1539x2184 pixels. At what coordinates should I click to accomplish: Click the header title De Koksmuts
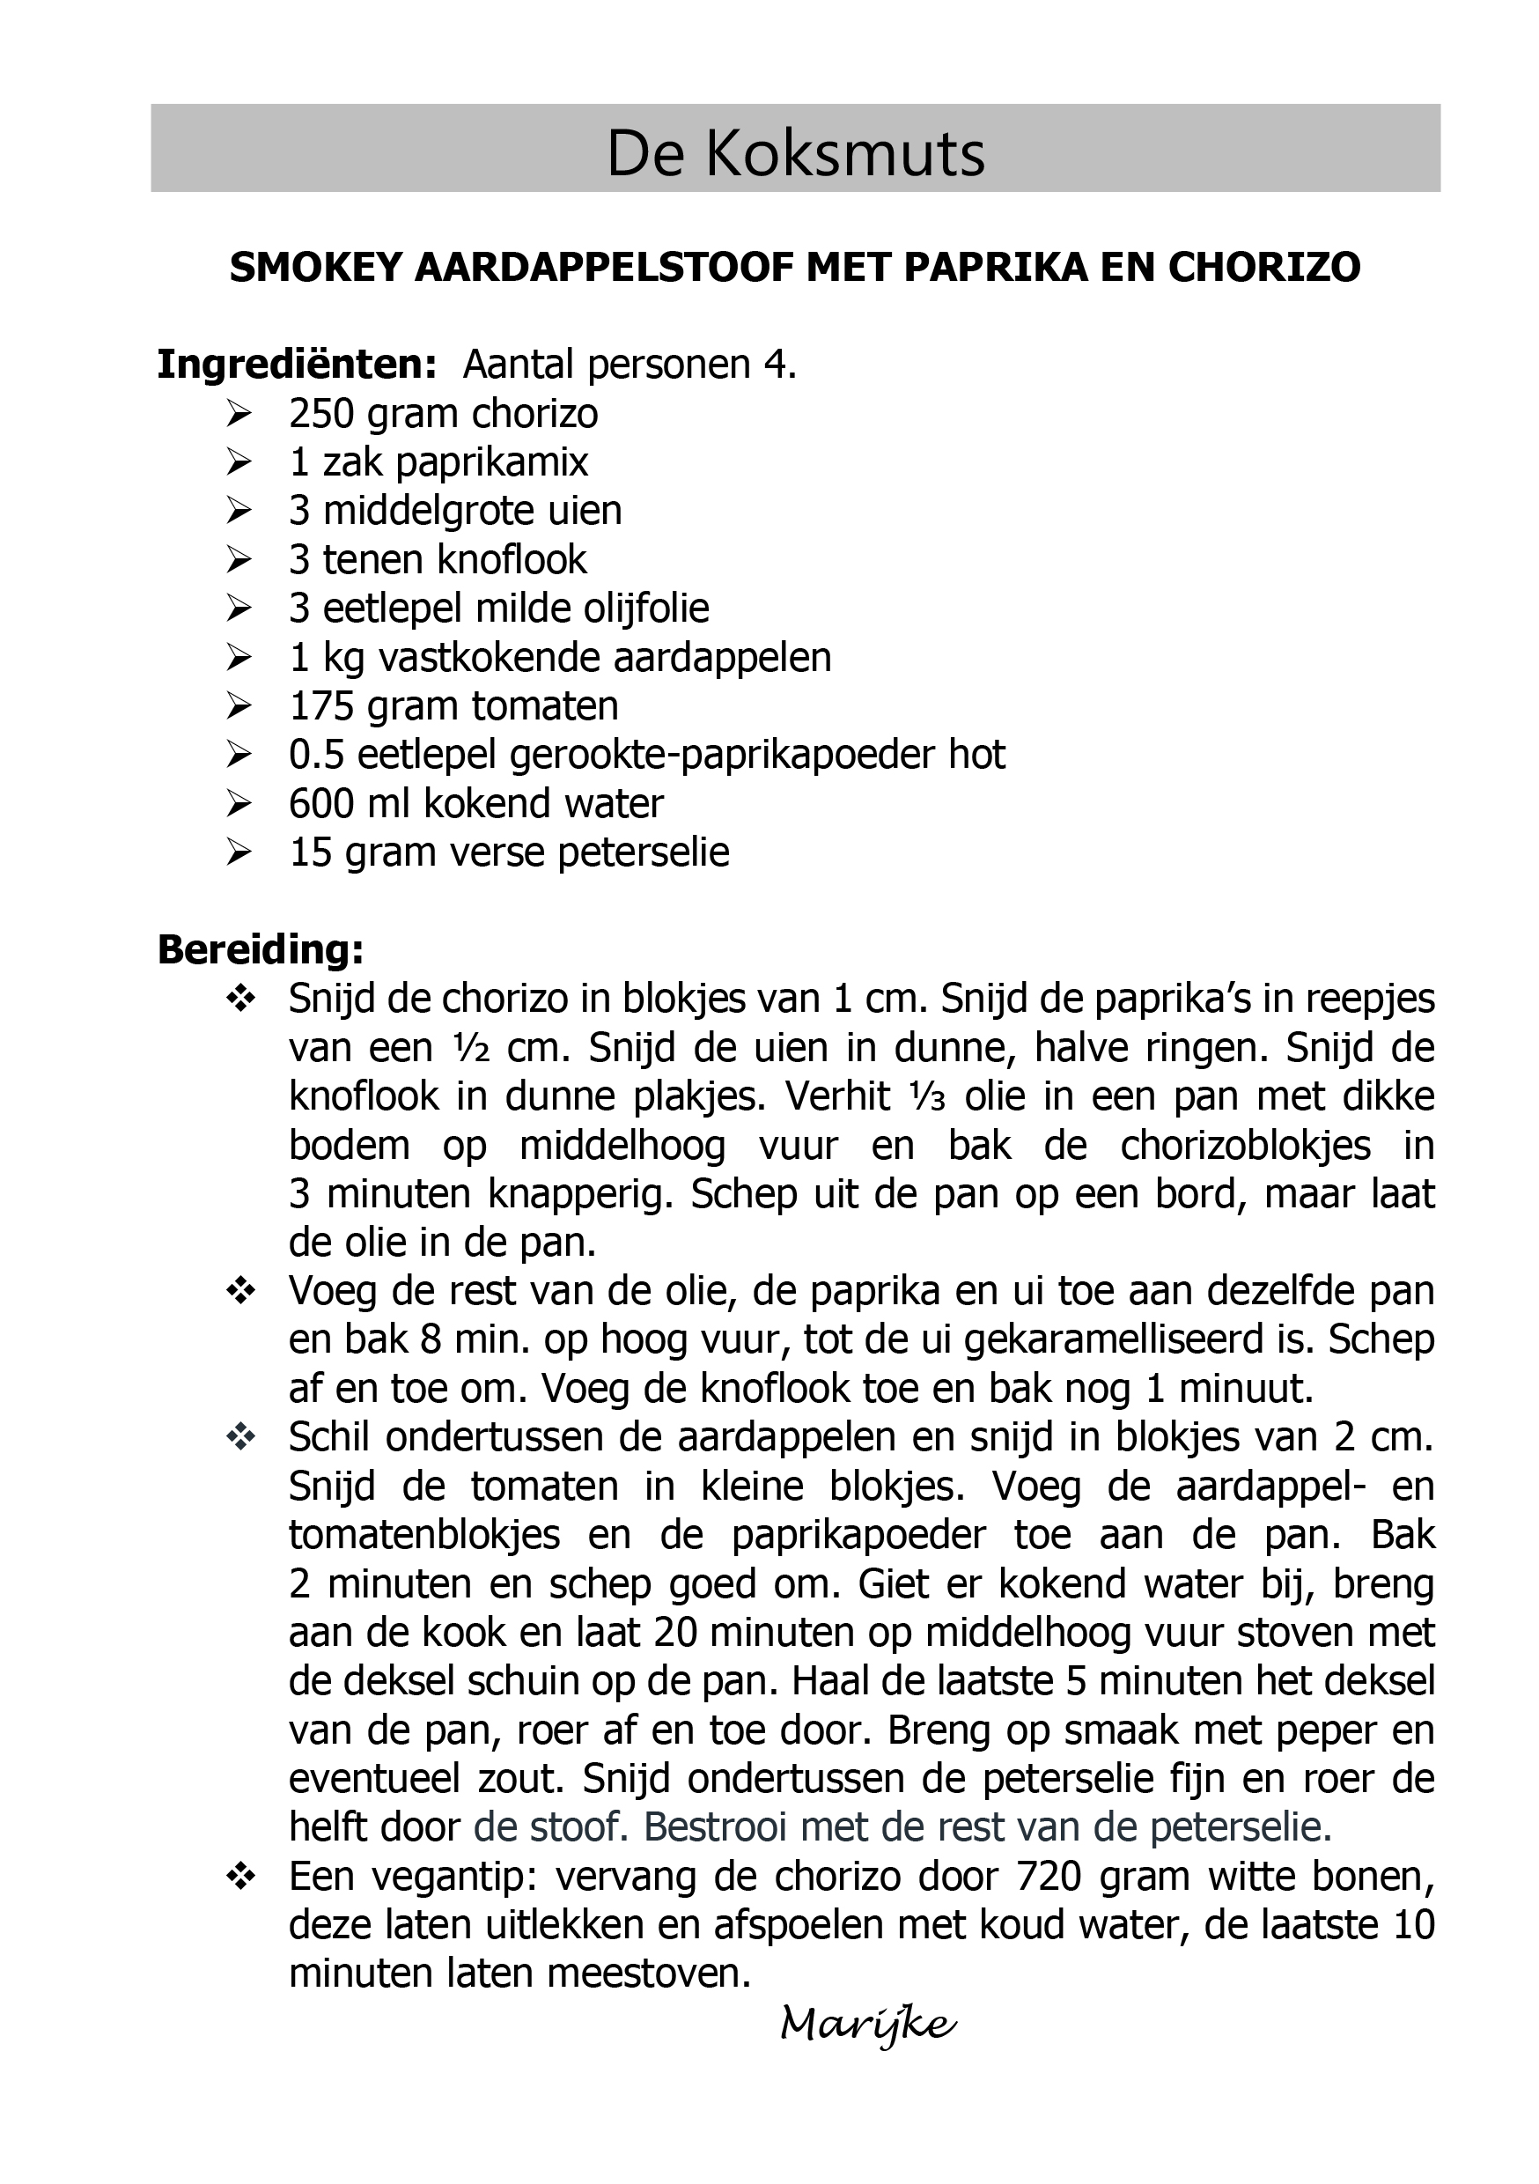[x=795, y=154]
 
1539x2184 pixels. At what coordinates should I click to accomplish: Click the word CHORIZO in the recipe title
[x=1264, y=269]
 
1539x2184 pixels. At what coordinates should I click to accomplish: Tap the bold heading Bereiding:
[x=261, y=949]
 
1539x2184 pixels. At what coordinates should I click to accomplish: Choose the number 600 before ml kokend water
[x=321, y=804]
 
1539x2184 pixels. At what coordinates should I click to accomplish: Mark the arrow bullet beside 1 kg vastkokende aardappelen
[x=239, y=656]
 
